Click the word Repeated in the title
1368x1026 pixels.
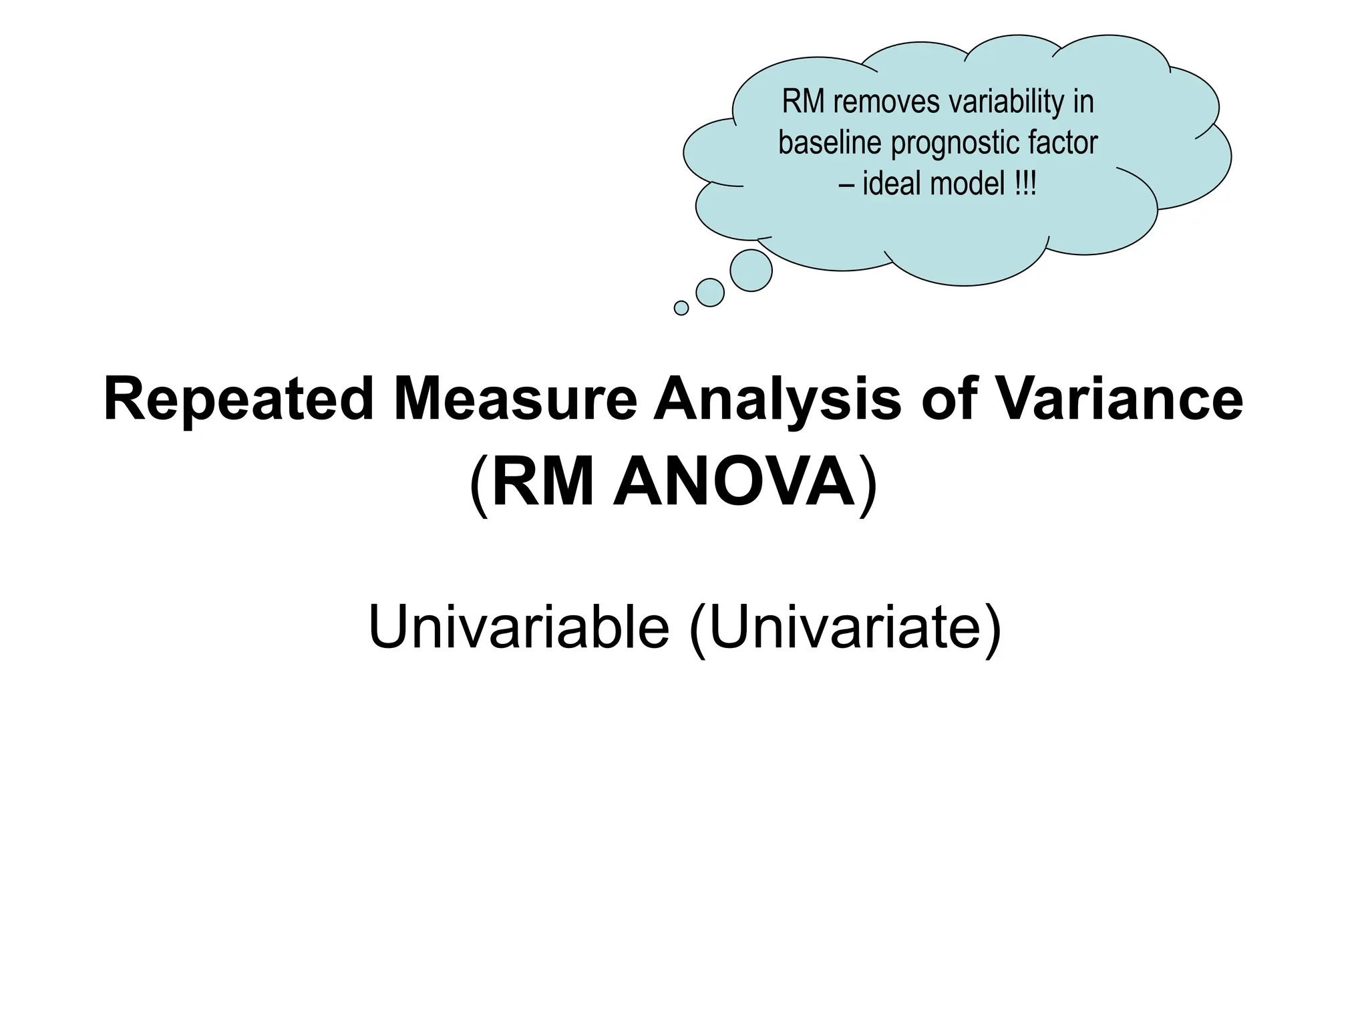(x=238, y=400)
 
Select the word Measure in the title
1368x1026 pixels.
(x=515, y=400)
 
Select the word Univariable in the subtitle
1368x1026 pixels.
(x=518, y=627)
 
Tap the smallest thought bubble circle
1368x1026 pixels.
(x=681, y=308)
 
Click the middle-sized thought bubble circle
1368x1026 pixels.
(x=710, y=293)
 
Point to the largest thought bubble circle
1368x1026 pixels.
(x=751, y=271)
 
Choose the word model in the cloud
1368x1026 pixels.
(x=968, y=183)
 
